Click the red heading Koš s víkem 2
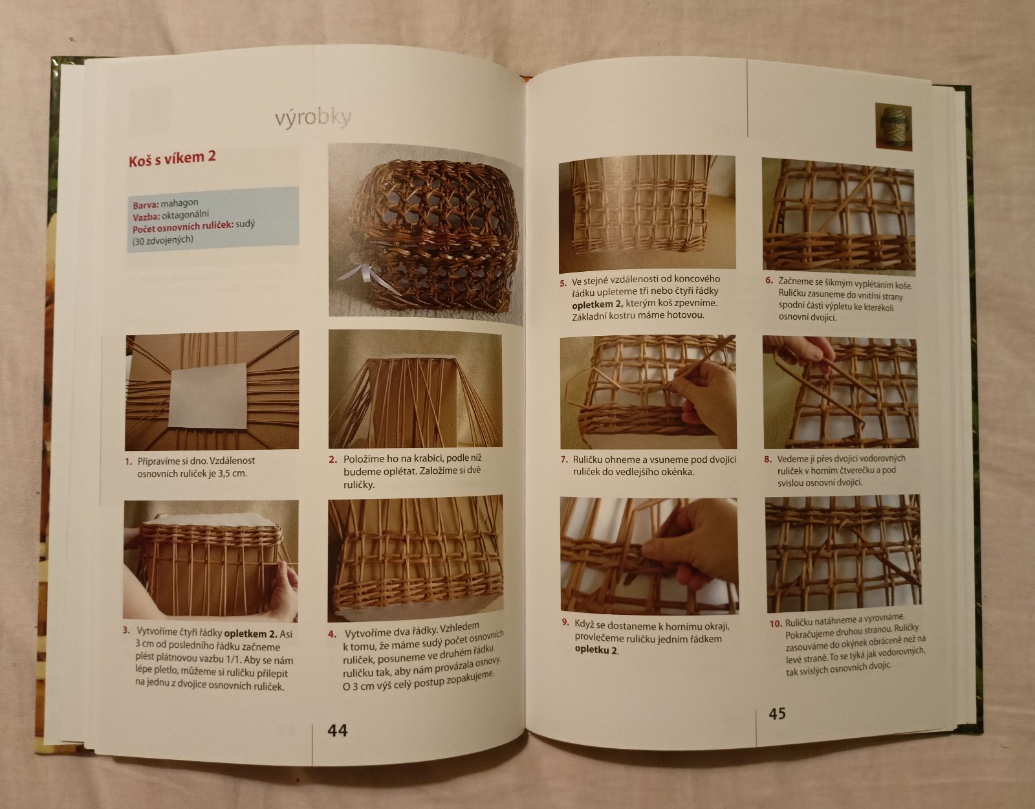pyautogui.click(x=172, y=158)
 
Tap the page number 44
pyautogui.click(x=338, y=731)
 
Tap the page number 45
pyautogui.click(x=777, y=713)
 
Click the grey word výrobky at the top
pyautogui.click(x=313, y=117)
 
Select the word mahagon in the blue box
pyautogui.click(x=179, y=203)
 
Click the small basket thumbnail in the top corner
pyautogui.click(x=893, y=127)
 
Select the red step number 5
pyautogui.click(x=563, y=283)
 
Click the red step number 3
pyautogui.click(x=125, y=630)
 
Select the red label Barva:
pyautogui.click(x=146, y=205)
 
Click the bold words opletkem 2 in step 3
pyautogui.click(x=250, y=634)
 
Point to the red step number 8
pyautogui.click(x=767, y=460)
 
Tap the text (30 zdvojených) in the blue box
pyautogui.click(x=163, y=240)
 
